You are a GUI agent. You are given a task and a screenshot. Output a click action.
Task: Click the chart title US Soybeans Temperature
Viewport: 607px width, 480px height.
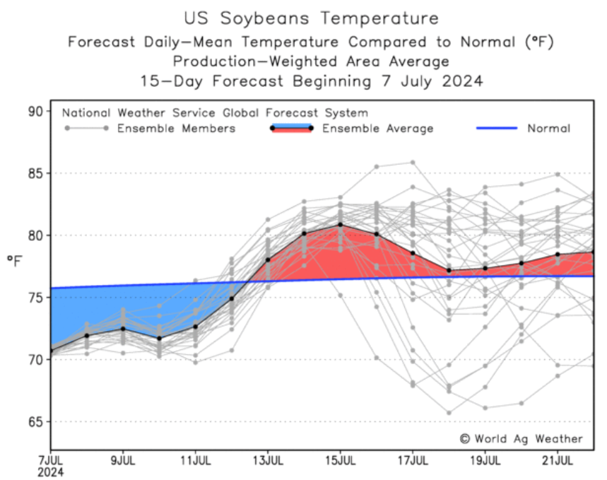pyautogui.click(x=311, y=18)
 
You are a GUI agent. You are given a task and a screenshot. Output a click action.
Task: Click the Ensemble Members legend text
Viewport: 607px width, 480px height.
pyautogui.click(x=176, y=128)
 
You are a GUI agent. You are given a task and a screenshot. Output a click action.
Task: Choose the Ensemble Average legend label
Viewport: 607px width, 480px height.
pyautogui.click(x=377, y=128)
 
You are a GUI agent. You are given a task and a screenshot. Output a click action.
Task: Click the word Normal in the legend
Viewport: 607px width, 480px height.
pyautogui.click(x=548, y=128)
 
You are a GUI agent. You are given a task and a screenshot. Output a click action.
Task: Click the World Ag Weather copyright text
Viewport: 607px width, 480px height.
pyautogui.click(x=521, y=438)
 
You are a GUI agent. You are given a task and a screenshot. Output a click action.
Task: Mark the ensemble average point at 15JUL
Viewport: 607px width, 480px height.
pyautogui.click(x=341, y=225)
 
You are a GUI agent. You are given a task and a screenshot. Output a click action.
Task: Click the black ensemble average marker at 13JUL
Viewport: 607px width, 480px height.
pyautogui.click(x=268, y=259)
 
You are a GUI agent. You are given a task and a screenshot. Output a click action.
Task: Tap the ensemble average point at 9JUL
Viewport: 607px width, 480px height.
pyautogui.click(x=123, y=329)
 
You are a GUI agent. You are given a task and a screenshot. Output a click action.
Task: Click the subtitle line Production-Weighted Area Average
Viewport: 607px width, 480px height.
pyautogui.click(x=311, y=61)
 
